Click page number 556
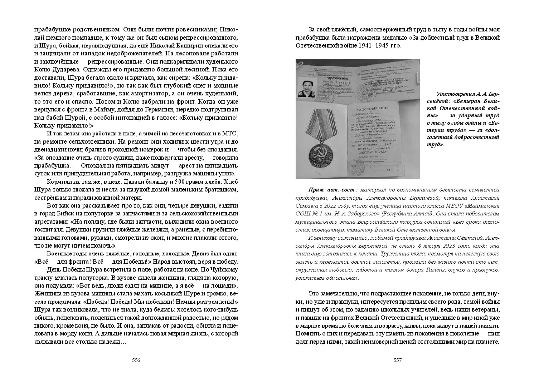coord(136,360)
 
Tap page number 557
coord(398,360)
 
